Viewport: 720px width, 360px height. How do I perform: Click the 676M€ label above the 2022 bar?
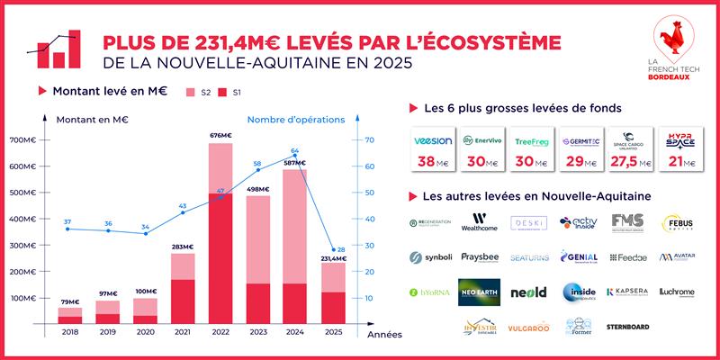coord(220,136)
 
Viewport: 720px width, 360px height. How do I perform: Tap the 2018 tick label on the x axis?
coord(70,333)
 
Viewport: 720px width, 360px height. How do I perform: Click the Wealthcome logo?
coord(479,222)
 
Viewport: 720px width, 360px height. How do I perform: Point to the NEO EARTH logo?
coord(479,292)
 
